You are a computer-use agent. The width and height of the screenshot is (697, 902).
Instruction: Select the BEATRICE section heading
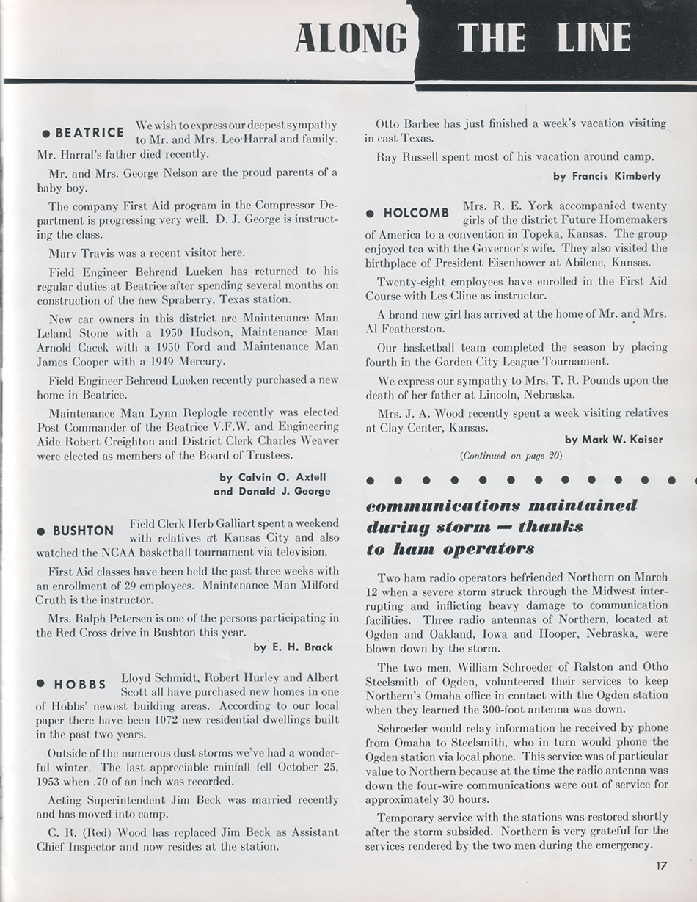click(90, 133)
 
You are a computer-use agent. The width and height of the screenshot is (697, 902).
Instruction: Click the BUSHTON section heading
click(84, 531)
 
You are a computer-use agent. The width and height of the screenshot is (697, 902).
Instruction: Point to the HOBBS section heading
click(80, 685)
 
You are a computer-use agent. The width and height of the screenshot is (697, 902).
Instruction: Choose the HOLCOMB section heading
click(416, 213)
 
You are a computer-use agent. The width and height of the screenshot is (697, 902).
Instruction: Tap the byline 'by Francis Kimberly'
click(607, 176)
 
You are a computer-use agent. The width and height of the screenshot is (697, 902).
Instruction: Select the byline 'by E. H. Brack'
click(293, 647)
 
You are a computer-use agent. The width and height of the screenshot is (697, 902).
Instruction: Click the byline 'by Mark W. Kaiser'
click(613, 440)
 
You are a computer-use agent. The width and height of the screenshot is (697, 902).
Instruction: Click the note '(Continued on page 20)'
click(511, 456)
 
